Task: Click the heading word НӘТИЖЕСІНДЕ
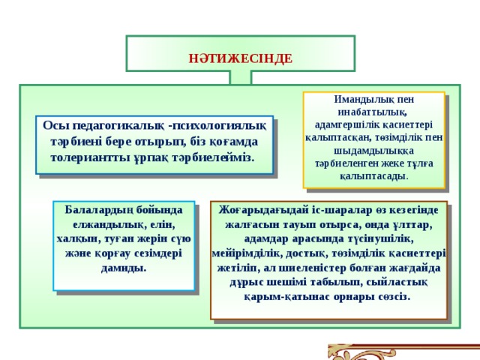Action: (240, 58)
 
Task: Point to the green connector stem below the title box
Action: (240, 77)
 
